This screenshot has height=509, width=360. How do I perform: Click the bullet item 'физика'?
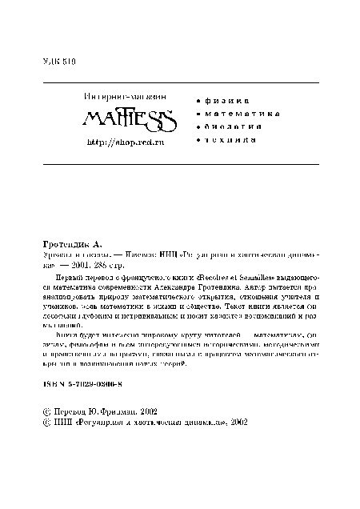(x=225, y=101)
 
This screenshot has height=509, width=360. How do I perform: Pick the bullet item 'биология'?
(x=232, y=126)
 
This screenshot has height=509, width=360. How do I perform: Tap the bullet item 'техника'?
(x=230, y=140)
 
